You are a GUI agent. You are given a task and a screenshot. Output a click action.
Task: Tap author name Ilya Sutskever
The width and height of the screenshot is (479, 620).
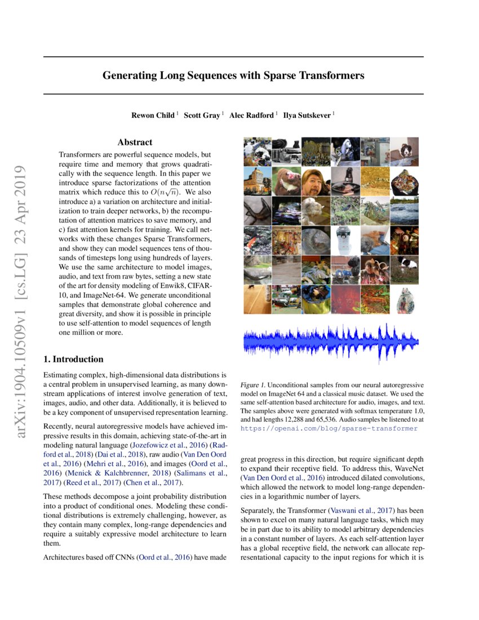tap(308, 115)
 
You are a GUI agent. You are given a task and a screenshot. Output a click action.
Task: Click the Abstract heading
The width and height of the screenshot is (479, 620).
tap(135, 143)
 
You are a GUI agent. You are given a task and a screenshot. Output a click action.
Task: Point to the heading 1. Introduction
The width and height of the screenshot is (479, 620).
tap(73, 359)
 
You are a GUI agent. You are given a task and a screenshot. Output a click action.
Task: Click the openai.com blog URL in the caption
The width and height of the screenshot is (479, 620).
tap(329, 428)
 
